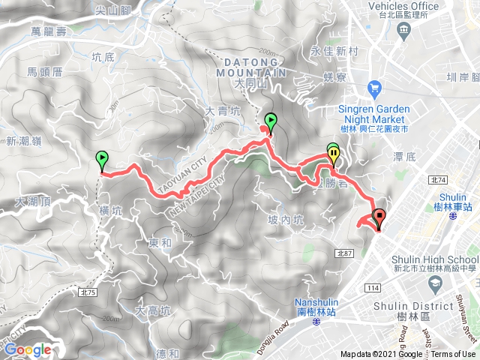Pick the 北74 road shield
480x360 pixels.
tap(439, 180)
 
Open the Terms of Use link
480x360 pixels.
tap(453, 355)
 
